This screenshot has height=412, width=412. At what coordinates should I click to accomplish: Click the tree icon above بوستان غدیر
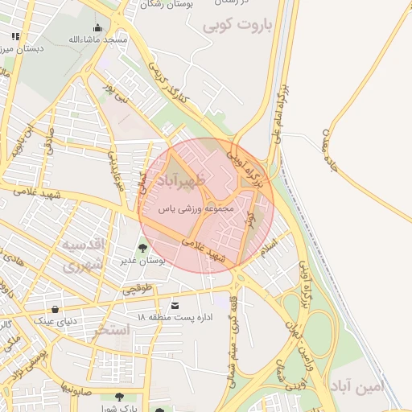pyautogui.click(x=143, y=248)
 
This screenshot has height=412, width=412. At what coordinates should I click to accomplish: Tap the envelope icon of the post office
pyautogui.click(x=176, y=305)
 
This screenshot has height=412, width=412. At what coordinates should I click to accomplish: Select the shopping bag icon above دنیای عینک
pyautogui.click(x=55, y=309)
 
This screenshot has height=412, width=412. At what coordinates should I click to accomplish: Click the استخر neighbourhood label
pyautogui.click(x=109, y=330)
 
